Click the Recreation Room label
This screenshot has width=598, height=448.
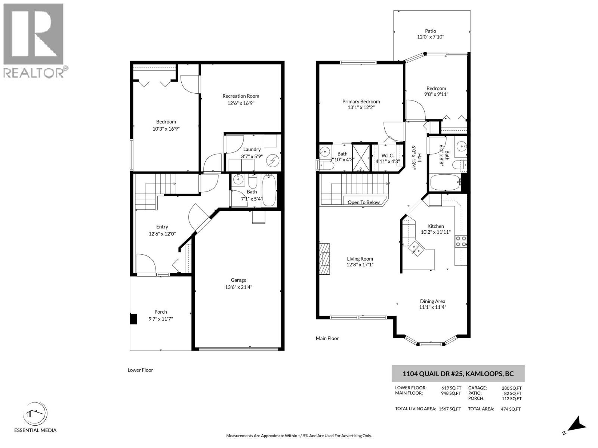tap(241, 96)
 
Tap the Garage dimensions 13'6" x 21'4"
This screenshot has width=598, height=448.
tap(238, 287)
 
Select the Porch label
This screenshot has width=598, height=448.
tap(161, 312)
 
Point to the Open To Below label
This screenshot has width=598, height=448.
tap(364, 202)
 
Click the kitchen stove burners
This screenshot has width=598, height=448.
tap(460, 242)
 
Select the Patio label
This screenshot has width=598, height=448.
tap(431, 31)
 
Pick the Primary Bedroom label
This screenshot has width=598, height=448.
tap(361, 102)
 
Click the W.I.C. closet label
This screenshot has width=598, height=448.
tap(388, 156)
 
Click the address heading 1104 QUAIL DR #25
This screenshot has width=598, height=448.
tap(458, 373)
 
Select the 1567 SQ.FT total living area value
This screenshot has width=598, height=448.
tap(450, 409)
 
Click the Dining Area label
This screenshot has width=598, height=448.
tap(432, 301)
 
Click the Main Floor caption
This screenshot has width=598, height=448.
tap(327, 338)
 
